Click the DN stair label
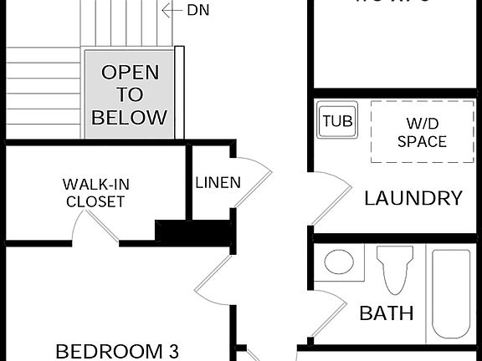click(x=197, y=10)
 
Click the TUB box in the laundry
click(x=337, y=121)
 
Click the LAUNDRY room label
click(x=413, y=198)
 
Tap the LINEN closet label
click(x=218, y=182)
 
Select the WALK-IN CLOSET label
click(x=95, y=192)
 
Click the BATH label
click(x=386, y=313)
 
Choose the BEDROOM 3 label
click(x=117, y=350)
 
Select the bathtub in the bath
click(x=451, y=292)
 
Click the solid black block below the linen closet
click(x=192, y=233)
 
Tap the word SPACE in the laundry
click(x=422, y=141)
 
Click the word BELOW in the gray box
click(x=129, y=117)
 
